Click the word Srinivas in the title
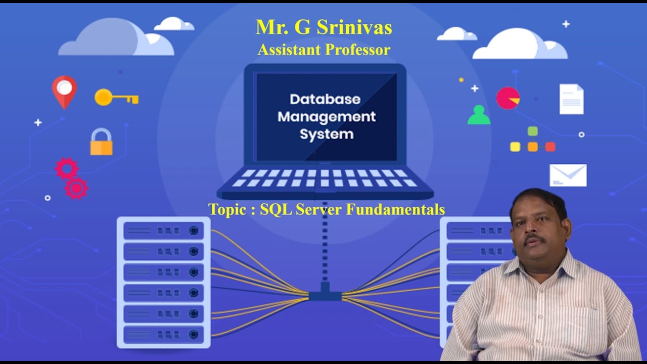[x=354, y=27]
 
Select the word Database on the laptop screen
[x=325, y=99]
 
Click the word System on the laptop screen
[x=327, y=134]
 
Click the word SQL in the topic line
[x=276, y=209]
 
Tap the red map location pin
[x=64, y=90]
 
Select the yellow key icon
[x=116, y=97]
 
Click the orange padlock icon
[x=101, y=142]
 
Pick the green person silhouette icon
[x=479, y=115]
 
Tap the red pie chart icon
[x=507, y=98]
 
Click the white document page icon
[x=571, y=99]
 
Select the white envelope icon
[x=568, y=175]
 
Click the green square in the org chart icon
[x=533, y=131]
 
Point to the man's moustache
[x=534, y=238]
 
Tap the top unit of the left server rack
[x=163, y=231]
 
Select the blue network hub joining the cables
[x=325, y=293]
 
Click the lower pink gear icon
[x=76, y=188]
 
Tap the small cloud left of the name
[x=173, y=24]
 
